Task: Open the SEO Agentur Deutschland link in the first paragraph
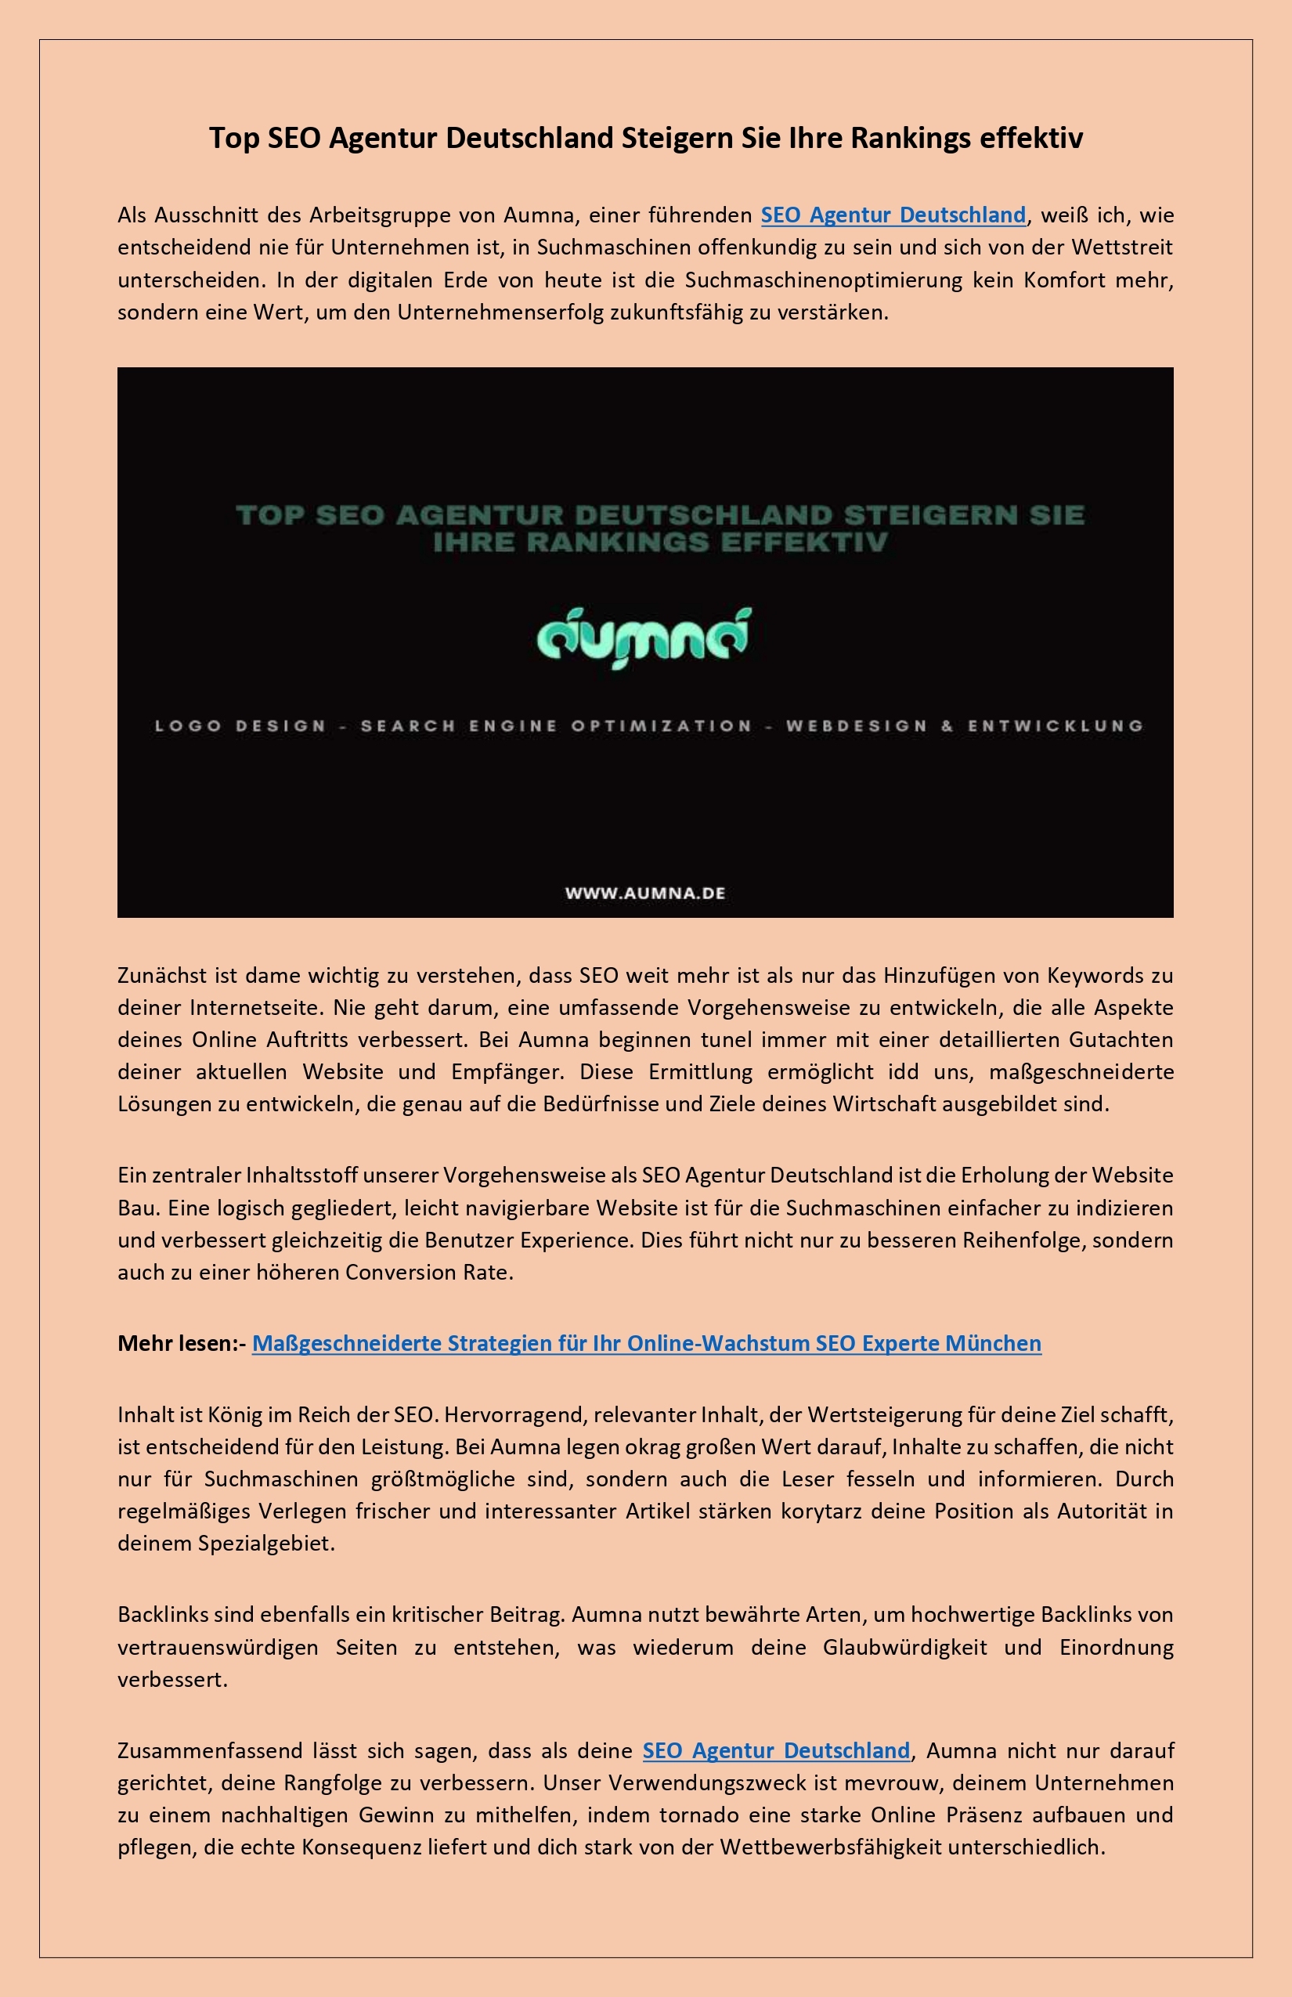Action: point(893,215)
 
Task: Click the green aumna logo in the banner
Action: point(644,638)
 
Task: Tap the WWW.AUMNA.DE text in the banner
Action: point(644,893)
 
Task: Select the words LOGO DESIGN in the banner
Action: point(240,726)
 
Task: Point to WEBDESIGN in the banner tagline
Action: point(856,726)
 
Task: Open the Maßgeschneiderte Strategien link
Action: point(646,1343)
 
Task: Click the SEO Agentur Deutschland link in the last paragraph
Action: point(775,1751)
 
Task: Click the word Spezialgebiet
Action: point(265,1543)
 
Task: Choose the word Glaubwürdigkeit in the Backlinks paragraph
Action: point(904,1647)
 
